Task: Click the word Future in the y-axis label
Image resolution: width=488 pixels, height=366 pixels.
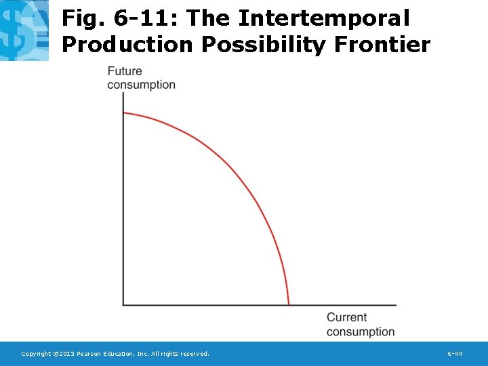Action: (x=125, y=71)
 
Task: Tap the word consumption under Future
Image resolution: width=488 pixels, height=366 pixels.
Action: (x=141, y=85)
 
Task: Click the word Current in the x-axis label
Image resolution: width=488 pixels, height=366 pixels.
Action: (x=346, y=317)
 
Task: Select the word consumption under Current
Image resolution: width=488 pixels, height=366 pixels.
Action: (x=360, y=331)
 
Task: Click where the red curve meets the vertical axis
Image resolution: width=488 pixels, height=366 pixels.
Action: (x=123, y=113)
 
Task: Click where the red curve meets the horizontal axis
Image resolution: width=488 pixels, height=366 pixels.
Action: (x=289, y=304)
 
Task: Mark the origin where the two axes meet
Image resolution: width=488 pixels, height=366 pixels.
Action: (x=123, y=305)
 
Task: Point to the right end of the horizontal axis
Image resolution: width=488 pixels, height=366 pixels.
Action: (x=396, y=305)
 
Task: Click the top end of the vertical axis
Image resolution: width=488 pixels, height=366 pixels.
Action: (x=123, y=94)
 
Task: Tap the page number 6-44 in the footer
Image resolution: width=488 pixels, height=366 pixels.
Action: (x=455, y=354)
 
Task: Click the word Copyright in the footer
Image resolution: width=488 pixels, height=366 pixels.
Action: (x=37, y=354)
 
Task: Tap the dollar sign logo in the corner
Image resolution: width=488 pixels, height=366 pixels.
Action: (x=24, y=30)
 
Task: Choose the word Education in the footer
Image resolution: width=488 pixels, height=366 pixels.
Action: (x=122, y=354)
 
